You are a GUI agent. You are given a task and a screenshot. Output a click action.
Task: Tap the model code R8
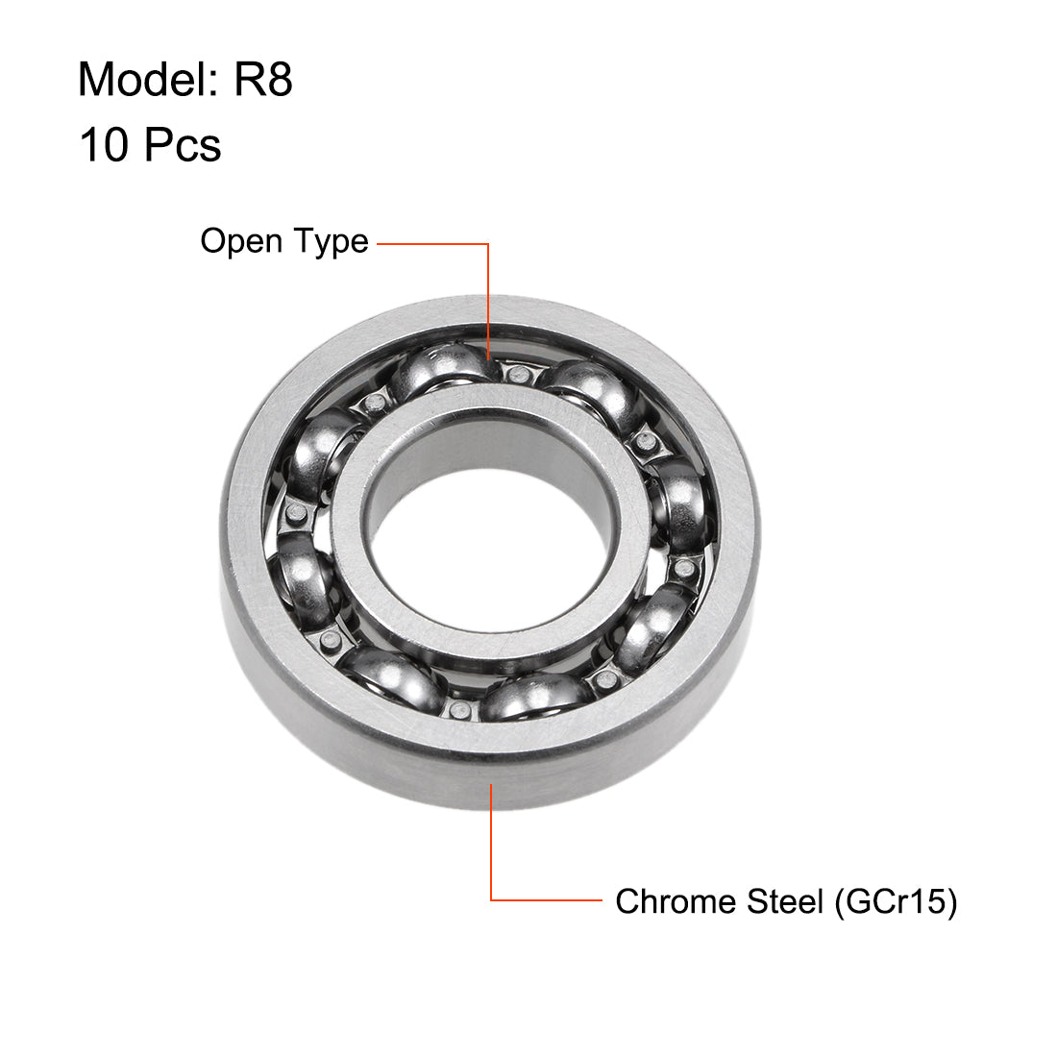(263, 79)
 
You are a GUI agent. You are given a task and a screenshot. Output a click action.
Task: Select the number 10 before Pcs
(103, 145)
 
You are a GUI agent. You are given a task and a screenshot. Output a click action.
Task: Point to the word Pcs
(183, 145)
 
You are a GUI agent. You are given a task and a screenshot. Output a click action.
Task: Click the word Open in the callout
(235, 241)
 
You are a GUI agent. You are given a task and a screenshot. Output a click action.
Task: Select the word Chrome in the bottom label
(664, 901)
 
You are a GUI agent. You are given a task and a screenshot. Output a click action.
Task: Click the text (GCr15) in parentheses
(895, 901)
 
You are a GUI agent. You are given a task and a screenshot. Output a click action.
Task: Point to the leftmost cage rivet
(296, 514)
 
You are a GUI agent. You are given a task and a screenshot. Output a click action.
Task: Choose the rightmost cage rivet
(684, 569)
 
